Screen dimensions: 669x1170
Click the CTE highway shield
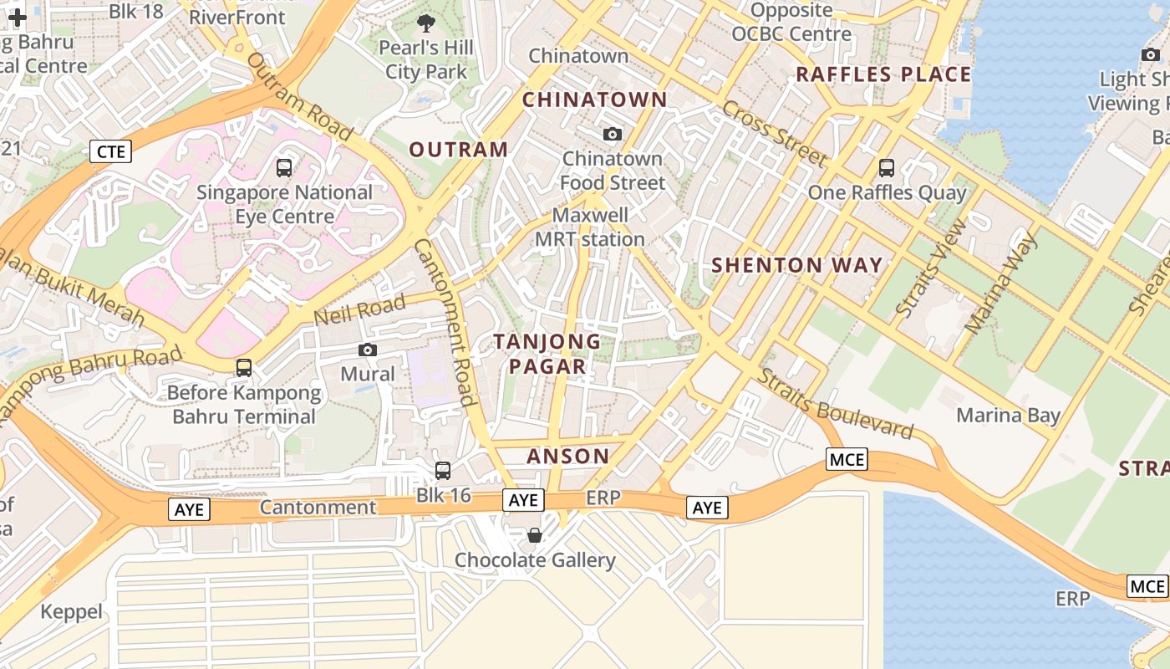[x=111, y=151]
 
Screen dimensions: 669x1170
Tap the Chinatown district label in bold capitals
[x=594, y=100]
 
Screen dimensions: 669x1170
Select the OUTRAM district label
[x=458, y=150]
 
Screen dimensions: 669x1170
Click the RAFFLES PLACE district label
[x=883, y=74]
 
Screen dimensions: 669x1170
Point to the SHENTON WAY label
[x=796, y=266]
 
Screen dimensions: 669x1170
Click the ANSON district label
[x=567, y=456]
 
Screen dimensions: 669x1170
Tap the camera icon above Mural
[x=367, y=350]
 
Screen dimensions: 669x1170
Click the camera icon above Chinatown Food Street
[x=613, y=134]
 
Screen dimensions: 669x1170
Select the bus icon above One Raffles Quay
[x=887, y=167]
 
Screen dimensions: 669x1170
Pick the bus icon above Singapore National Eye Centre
[x=284, y=167]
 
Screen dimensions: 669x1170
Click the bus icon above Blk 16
[x=443, y=470]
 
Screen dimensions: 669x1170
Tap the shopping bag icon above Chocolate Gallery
[x=535, y=534]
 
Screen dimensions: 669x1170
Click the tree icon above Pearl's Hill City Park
[x=425, y=23]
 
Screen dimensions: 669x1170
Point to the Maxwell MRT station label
[x=589, y=227]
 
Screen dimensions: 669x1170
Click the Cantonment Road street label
[x=446, y=322]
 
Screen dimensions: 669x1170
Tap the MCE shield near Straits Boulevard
[x=847, y=459]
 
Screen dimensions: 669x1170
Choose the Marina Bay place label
[x=1008, y=415]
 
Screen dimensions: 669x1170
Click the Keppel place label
[x=72, y=612]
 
